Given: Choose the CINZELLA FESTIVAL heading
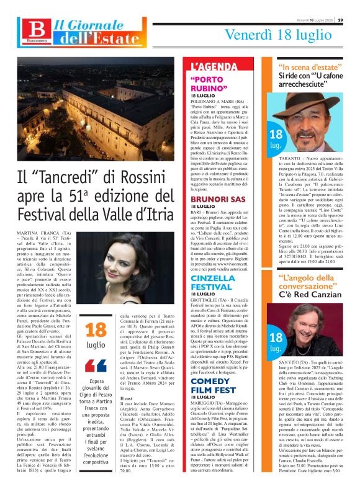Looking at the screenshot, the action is tap(212, 282).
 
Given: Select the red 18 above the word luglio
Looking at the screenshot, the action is tap(96, 330).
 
